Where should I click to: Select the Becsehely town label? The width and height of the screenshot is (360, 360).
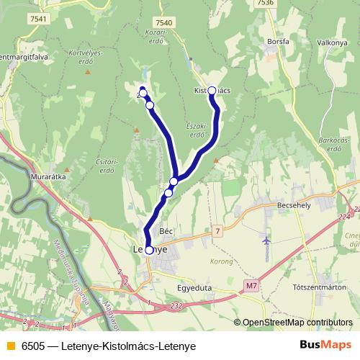[x=294, y=205]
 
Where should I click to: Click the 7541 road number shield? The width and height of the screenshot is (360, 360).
[x=40, y=19]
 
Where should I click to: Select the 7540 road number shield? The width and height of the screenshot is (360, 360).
[x=163, y=23]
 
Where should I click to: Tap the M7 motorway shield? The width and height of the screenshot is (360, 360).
[x=251, y=287]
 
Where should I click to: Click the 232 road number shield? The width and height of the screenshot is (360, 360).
[x=176, y=305]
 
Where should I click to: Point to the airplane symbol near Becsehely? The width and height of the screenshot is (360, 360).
[x=267, y=240]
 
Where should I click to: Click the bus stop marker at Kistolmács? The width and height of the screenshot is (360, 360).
[x=212, y=91]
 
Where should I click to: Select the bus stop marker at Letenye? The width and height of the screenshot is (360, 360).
[x=149, y=251]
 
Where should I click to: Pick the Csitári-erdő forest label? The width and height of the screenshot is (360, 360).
[x=106, y=166]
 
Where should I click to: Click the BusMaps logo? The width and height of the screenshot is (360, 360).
[x=325, y=346]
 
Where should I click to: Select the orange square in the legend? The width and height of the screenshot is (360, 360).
[x=9, y=346]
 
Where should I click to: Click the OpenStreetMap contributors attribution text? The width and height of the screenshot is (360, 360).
[x=297, y=323]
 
